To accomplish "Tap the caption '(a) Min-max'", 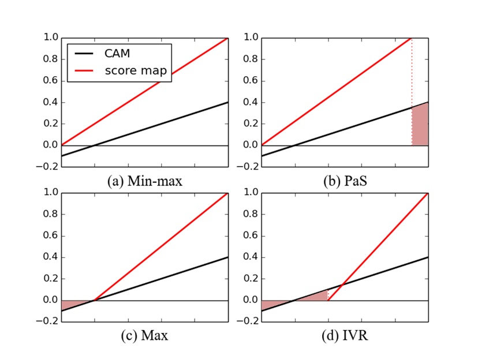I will [145, 180].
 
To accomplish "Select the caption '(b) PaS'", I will [345, 180].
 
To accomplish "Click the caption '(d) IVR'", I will [345, 335].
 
